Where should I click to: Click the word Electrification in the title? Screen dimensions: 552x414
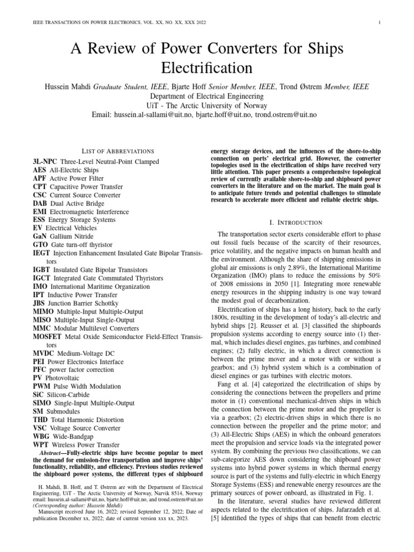207,68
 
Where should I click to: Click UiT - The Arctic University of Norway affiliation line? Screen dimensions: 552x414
207,106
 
